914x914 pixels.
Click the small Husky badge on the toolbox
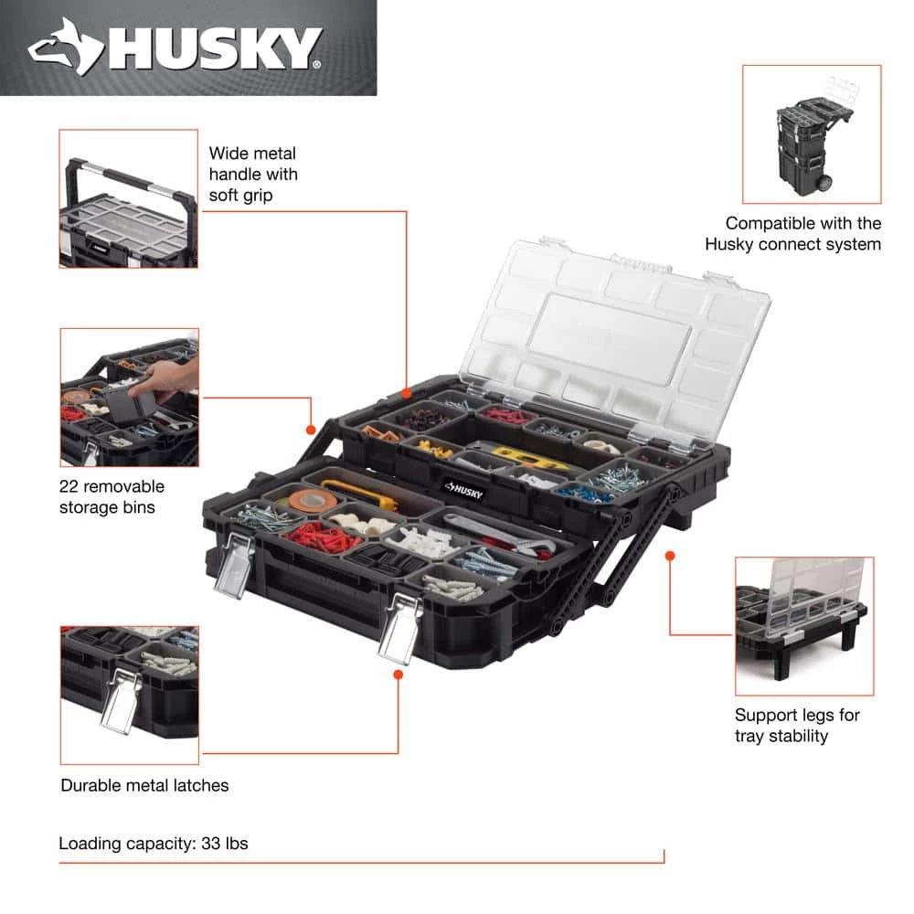tap(467, 487)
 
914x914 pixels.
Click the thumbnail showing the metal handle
tap(129, 198)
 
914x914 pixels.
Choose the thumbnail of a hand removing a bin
tap(129, 397)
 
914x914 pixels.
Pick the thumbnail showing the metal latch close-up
tap(129, 695)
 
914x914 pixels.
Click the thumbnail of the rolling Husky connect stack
tap(812, 133)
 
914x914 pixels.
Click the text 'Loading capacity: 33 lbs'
tap(154, 844)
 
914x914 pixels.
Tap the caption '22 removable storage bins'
tap(112, 496)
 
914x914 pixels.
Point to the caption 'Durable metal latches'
tap(144, 785)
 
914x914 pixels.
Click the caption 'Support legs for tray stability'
tap(797, 726)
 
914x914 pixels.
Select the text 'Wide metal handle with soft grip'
tap(253, 173)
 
